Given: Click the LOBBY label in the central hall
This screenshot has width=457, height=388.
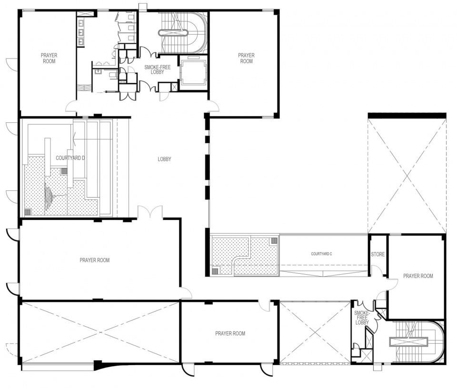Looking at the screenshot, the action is (x=164, y=159).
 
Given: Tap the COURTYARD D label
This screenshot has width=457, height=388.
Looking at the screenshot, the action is (x=70, y=158).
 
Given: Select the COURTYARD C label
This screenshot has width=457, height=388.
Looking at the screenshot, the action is (x=321, y=254).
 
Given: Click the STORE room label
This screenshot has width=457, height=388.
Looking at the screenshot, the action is (x=378, y=254).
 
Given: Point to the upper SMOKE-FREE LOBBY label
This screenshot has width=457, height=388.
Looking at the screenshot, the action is (x=158, y=70).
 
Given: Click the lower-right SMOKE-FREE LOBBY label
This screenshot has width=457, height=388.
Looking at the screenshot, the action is (x=362, y=318).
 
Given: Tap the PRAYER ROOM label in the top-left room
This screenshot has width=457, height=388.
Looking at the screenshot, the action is (x=49, y=58).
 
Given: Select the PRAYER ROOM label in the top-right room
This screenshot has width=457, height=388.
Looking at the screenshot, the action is (x=246, y=58).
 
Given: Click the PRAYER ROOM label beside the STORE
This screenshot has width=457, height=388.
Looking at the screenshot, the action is (x=418, y=276).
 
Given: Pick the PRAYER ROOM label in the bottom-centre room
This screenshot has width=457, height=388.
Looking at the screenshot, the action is (x=230, y=333).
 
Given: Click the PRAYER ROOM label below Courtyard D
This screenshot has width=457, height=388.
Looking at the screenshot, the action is (x=95, y=260).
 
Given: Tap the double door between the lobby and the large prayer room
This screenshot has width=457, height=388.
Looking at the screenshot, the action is (x=150, y=212).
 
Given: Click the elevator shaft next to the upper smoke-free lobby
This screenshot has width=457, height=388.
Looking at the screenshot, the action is (x=193, y=72).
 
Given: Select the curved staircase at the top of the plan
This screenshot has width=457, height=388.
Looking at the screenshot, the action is (x=183, y=32).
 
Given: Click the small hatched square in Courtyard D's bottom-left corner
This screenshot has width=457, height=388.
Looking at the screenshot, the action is (x=27, y=212).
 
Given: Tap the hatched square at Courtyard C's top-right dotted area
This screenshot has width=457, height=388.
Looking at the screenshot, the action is (x=274, y=241).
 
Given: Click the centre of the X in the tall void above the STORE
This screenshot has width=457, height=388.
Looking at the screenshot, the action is (x=407, y=176).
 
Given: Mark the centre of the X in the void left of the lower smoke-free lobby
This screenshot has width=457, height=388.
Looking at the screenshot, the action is (x=315, y=332).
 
